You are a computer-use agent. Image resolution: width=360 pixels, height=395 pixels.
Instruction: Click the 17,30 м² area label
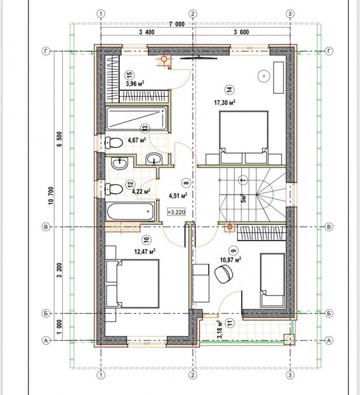click(225, 102)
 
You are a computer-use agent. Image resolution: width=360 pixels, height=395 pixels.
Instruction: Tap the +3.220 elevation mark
click(176, 212)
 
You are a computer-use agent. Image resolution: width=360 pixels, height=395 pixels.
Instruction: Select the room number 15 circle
click(130, 75)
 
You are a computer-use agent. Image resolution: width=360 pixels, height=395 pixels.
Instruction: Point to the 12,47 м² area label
click(145, 251)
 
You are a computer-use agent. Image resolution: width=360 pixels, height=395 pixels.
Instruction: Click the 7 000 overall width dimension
click(176, 24)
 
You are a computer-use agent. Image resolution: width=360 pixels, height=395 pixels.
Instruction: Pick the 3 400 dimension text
click(146, 32)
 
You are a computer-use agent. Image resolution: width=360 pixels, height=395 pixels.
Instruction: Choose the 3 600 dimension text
click(241, 32)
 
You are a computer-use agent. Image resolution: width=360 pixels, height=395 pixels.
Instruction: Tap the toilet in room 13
click(114, 142)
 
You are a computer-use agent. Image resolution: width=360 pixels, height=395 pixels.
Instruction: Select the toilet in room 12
click(114, 189)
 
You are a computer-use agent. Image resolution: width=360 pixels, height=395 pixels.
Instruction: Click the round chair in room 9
click(224, 274)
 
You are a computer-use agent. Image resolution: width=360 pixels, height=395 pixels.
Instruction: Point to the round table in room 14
click(264, 76)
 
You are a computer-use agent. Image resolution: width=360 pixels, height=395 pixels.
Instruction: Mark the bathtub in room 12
click(130, 212)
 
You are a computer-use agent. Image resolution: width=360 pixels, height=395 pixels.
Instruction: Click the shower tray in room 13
click(137, 119)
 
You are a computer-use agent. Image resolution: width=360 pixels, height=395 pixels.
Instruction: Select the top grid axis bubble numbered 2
click(193, 14)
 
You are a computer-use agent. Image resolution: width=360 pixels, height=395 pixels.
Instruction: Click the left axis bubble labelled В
click(46, 227)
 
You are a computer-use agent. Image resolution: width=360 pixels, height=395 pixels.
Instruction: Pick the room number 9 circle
click(234, 251)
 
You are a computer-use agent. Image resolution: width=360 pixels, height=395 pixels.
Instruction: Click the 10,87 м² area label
click(231, 260)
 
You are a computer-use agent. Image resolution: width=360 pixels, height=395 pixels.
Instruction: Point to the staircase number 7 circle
click(244, 180)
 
